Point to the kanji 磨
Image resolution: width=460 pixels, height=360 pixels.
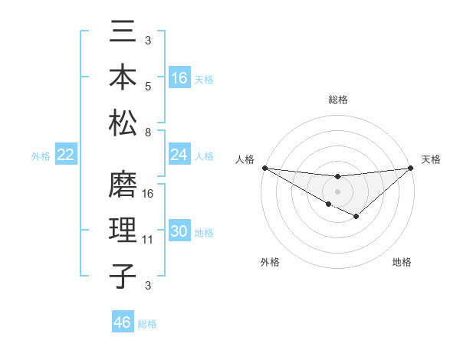pos(123,188)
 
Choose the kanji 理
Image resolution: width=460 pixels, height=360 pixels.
pos(123,232)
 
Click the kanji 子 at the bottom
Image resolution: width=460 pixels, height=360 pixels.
pos(123,276)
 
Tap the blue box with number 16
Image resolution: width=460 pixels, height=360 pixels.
pos(179,78)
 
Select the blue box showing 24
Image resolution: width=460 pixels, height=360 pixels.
pos(179,155)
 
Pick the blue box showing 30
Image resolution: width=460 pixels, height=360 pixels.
pos(179,232)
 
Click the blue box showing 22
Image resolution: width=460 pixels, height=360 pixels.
pos(65,155)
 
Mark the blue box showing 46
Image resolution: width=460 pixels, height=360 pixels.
pos(123,322)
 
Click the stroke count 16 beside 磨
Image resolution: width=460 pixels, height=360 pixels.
pos(149,193)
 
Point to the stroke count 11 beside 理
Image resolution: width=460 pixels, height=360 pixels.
pos(149,240)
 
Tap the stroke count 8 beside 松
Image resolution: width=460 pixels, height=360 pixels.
pos(148,133)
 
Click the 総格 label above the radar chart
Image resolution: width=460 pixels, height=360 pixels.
pos(337,100)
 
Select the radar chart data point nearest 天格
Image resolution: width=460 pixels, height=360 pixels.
pos(412,168)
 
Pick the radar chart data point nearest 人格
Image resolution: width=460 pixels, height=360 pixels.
pos(264,167)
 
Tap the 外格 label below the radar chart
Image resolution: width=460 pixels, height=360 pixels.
pos(270,263)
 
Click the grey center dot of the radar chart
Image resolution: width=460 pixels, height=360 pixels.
pos(337,191)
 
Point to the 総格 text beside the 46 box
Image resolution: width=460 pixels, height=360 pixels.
pos(147,324)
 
